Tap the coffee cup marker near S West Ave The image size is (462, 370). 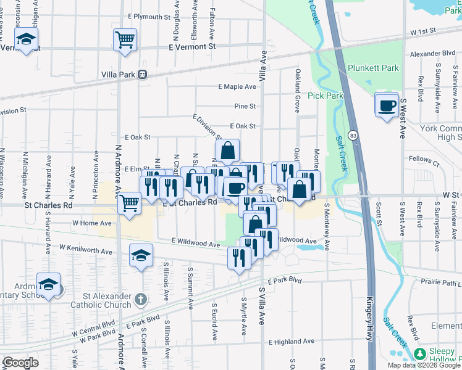point(387,105)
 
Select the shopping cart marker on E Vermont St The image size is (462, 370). point(125,41)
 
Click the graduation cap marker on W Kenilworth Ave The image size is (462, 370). point(141,255)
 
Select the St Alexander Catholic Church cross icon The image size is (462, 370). point(141,300)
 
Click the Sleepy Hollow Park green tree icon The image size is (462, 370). point(420,353)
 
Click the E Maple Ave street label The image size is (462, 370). point(237,87)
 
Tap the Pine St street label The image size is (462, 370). point(245,107)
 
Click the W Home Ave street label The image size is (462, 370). point(92,223)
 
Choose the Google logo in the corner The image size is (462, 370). point(20,363)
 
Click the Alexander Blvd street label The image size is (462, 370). point(432,54)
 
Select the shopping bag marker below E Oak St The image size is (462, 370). point(227,150)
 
